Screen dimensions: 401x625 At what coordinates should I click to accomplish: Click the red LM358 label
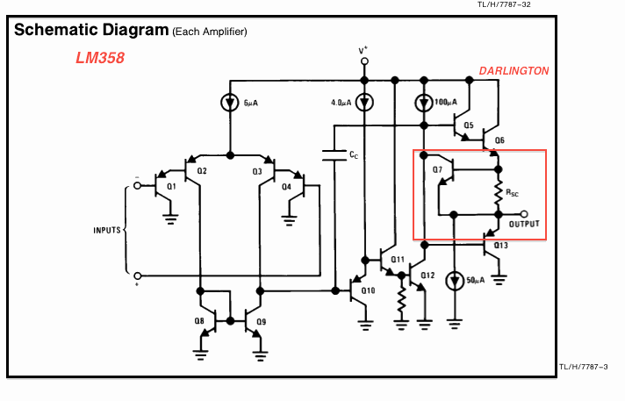[99, 59]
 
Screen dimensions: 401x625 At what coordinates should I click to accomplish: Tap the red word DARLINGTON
[514, 70]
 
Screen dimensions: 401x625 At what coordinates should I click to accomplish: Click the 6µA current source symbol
[230, 103]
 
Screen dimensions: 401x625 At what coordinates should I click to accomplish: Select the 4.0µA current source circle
[366, 103]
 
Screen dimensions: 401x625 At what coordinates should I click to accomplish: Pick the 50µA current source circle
[454, 281]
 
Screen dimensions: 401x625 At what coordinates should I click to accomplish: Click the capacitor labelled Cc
[334, 155]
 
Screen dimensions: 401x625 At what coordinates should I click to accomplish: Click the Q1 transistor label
[171, 186]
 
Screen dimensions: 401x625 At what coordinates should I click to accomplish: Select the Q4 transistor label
[286, 186]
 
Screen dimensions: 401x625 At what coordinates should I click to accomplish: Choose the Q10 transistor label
[368, 290]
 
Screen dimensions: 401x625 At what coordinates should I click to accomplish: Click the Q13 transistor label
[500, 246]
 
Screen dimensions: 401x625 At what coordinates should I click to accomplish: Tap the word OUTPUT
[525, 224]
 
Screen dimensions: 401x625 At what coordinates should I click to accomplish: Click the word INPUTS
[108, 231]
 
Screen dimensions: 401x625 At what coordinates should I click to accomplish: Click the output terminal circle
[524, 213]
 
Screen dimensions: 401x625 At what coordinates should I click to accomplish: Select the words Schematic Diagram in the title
[90, 30]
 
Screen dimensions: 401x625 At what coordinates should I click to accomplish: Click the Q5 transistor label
[468, 125]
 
